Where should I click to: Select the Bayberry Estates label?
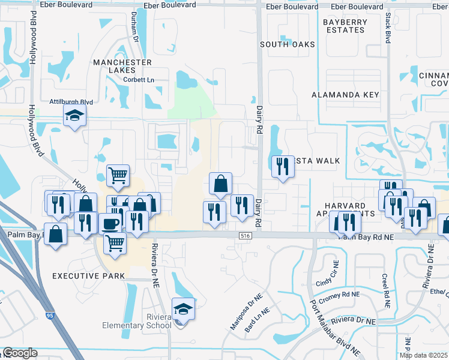[x=344, y=26]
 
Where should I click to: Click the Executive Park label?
[x=88, y=276]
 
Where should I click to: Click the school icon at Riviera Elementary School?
[x=184, y=310]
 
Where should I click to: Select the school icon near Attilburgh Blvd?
[x=75, y=116]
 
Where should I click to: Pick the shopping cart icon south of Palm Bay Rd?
[x=115, y=244]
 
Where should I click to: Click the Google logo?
[x=20, y=353]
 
